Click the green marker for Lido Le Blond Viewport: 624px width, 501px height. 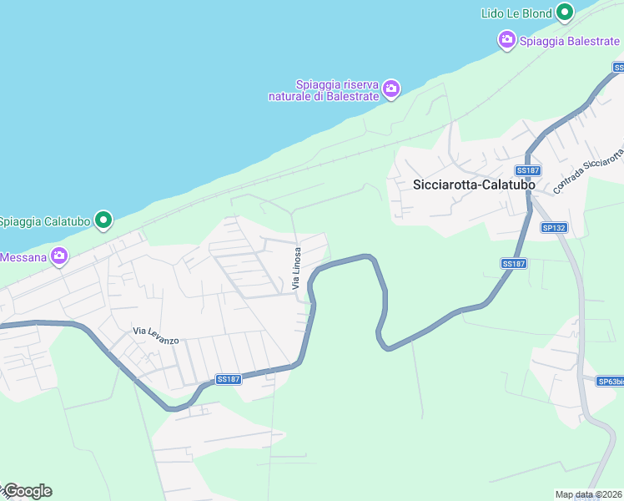[565, 12]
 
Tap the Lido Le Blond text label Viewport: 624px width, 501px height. [516, 13]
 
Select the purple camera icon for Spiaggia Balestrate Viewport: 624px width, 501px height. [506, 39]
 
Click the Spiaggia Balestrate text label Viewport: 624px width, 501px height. [570, 41]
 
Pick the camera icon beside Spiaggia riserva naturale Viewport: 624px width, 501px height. [391, 88]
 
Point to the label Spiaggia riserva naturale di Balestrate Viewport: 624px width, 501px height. [325, 90]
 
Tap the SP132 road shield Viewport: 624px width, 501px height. [554, 227]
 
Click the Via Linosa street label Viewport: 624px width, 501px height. [296, 268]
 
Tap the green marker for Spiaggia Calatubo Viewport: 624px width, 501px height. [103, 220]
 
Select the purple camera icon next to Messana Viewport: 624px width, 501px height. [58, 256]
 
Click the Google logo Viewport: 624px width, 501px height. [28, 491]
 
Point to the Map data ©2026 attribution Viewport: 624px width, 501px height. [587, 494]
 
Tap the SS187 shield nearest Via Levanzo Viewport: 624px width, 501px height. [228, 379]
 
